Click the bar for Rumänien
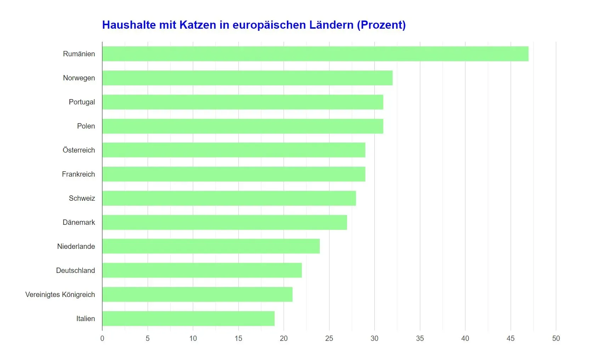315,54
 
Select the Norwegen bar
247,78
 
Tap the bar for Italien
188,319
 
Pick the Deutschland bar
202,270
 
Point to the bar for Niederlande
211,246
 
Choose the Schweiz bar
229,198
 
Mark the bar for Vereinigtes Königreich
197,295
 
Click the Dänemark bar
225,222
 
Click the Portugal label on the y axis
82,102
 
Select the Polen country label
86,126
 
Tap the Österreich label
79,150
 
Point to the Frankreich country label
78,174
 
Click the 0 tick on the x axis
102,338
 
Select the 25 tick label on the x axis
329,338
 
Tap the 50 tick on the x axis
556,338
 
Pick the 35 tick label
420,338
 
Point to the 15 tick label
238,338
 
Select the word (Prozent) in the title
381,25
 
